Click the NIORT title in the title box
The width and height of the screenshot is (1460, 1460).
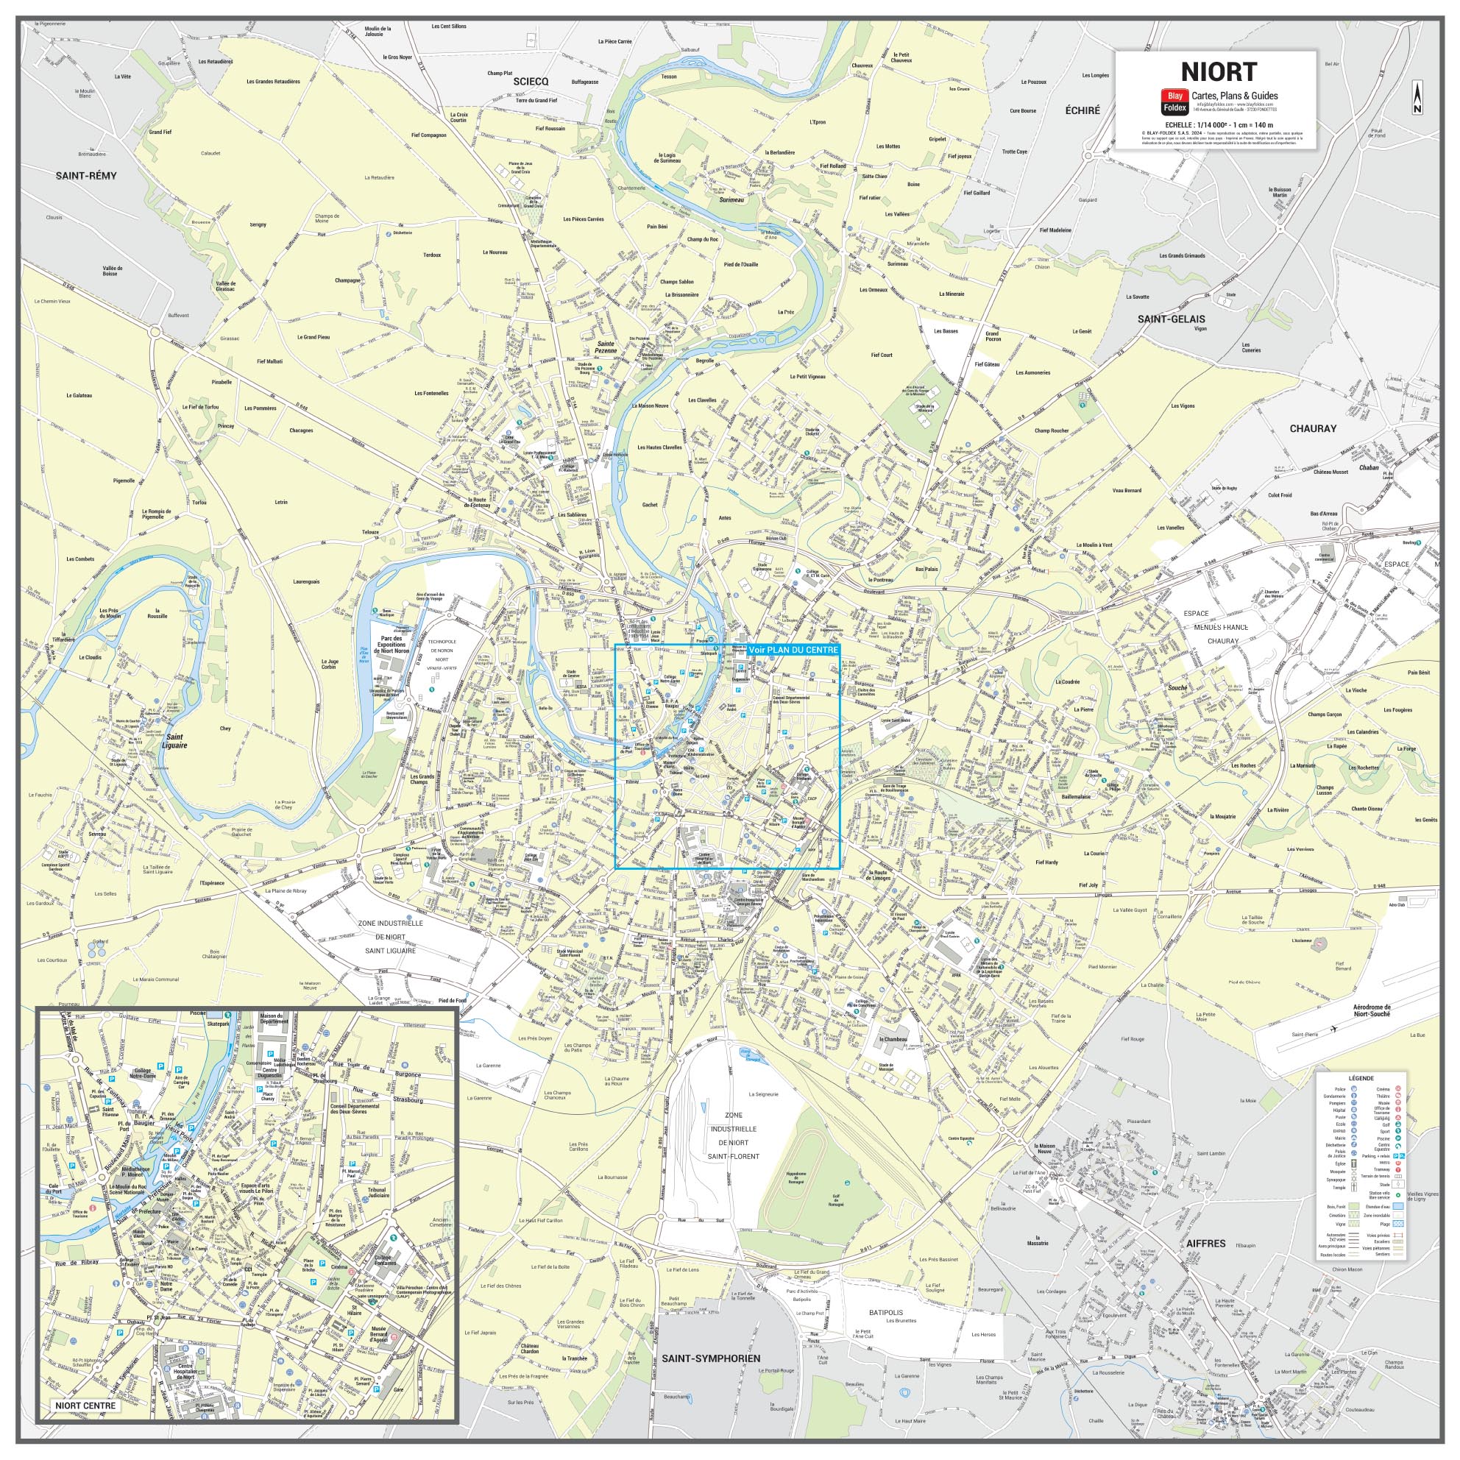[x=1218, y=72]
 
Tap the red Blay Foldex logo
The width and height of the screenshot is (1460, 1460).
[x=1174, y=102]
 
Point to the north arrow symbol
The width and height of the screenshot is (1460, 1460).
[x=1417, y=98]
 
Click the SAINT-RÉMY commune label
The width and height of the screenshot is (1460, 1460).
[x=86, y=175]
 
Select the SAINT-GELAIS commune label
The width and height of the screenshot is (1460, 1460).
[x=1172, y=319]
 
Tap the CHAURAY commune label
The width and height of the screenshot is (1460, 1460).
[x=1313, y=428]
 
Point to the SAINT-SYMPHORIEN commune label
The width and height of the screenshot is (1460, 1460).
[x=710, y=1358]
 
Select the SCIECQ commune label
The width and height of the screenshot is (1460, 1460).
[x=531, y=81]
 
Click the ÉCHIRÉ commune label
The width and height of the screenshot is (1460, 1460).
[x=1082, y=110]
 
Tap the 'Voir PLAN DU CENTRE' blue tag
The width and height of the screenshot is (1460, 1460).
[x=793, y=650]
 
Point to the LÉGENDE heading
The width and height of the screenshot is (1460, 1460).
[x=1360, y=1078]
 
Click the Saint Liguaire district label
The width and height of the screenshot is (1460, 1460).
[x=175, y=740]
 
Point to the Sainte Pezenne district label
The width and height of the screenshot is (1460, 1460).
[x=606, y=347]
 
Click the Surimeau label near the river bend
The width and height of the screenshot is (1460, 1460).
[x=731, y=200]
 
